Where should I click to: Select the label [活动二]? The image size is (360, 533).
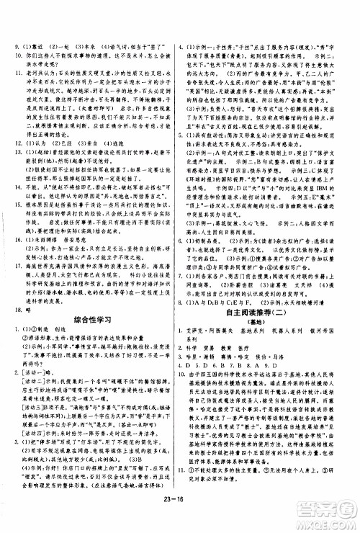coord(32,343)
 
